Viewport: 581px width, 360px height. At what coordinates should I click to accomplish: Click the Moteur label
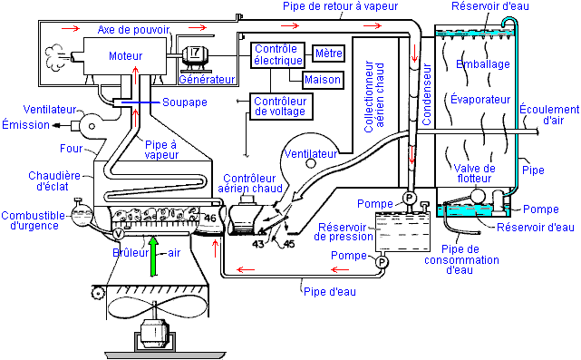click(x=126, y=56)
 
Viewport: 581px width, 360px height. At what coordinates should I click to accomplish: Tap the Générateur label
click(x=207, y=79)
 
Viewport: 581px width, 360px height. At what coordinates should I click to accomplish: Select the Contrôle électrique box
click(x=277, y=55)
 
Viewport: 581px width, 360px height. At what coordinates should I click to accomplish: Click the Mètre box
click(x=329, y=53)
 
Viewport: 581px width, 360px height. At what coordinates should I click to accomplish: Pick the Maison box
click(x=323, y=79)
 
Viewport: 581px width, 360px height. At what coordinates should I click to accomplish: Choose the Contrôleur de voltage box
click(x=281, y=106)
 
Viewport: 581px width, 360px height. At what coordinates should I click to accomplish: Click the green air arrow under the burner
click(x=153, y=257)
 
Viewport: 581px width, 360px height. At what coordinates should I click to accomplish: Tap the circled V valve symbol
click(x=118, y=234)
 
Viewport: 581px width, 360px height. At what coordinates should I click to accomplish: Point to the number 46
click(x=210, y=218)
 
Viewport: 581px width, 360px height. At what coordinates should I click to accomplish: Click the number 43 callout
click(x=258, y=244)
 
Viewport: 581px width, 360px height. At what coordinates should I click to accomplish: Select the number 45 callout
click(x=289, y=244)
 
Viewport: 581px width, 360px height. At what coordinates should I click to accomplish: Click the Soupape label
click(x=185, y=102)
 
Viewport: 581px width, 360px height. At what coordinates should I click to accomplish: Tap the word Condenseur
click(x=427, y=94)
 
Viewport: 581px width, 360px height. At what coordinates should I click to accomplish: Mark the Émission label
click(x=26, y=125)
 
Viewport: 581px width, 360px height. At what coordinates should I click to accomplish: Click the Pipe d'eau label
click(x=330, y=291)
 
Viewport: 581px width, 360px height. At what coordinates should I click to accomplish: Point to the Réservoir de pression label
click(x=344, y=232)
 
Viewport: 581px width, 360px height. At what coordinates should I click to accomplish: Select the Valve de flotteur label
click(x=474, y=173)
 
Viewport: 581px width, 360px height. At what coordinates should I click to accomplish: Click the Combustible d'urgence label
click(x=34, y=220)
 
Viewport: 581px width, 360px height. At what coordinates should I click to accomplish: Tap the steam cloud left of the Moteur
click(x=55, y=57)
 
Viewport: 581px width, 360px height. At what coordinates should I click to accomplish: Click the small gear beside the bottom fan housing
click(x=98, y=293)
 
